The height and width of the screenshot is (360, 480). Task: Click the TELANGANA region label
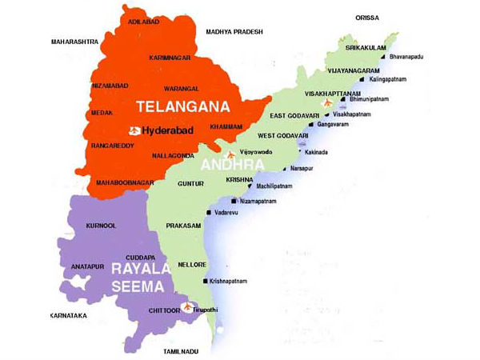[183, 106]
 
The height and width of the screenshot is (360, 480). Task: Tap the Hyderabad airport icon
[134, 130]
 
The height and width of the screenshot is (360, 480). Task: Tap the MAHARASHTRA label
[74, 42]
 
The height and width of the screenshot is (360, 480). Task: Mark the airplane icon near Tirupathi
[188, 306]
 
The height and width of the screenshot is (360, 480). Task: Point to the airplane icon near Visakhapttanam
[326, 103]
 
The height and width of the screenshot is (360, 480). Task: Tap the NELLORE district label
[193, 264]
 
